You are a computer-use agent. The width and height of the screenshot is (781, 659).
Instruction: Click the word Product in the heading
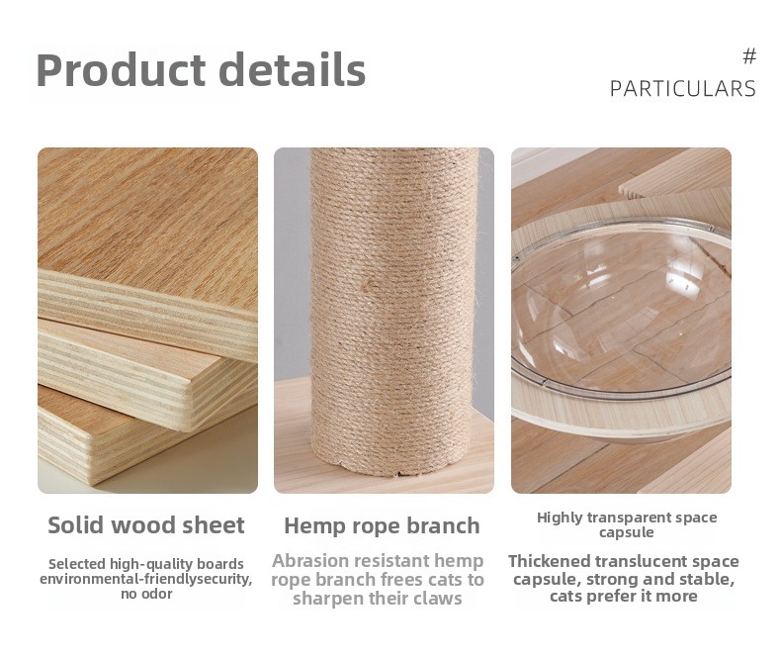pyautogui.click(x=121, y=70)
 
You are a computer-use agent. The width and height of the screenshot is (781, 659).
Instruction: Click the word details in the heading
pyautogui.click(x=293, y=69)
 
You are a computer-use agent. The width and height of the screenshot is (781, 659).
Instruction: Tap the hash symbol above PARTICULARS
pyautogui.click(x=749, y=56)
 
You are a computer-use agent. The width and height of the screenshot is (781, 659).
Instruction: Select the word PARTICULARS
pyautogui.click(x=683, y=89)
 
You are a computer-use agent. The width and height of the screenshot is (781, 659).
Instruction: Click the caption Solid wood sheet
pyautogui.click(x=146, y=524)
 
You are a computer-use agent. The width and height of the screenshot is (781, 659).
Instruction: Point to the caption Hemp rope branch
pyautogui.click(x=382, y=525)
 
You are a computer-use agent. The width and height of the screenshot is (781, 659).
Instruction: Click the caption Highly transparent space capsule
pyautogui.click(x=627, y=524)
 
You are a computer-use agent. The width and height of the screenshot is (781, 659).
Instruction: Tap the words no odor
pyautogui.click(x=146, y=594)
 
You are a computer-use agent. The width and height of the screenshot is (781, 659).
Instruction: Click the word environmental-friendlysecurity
pyautogui.click(x=146, y=579)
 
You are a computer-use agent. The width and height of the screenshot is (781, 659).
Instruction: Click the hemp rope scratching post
pyautogui.click(x=391, y=309)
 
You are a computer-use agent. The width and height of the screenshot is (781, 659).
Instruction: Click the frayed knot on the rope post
pyautogui.click(x=370, y=286)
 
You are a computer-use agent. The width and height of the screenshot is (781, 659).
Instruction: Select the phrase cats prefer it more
pyautogui.click(x=624, y=597)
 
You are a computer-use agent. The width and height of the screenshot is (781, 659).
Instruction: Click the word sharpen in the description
pyautogui.click(x=325, y=599)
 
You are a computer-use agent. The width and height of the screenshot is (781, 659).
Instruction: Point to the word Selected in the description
pyautogui.click(x=77, y=564)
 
